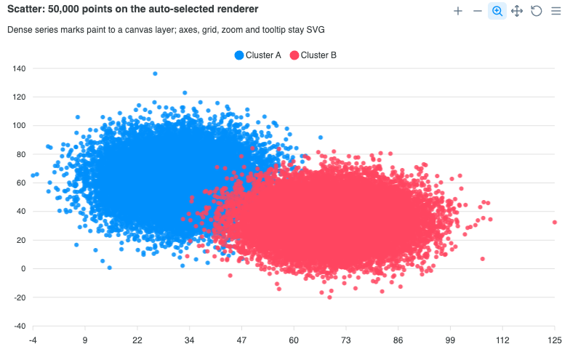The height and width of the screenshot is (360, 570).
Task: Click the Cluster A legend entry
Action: pos(257,55)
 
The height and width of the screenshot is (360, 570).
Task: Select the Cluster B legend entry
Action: pos(313,55)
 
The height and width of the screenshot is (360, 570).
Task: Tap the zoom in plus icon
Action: pos(458,12)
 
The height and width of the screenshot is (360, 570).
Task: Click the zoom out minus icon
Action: pos(478,12)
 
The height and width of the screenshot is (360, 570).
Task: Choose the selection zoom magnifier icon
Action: pos(497,12)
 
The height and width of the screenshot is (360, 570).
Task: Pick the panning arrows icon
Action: pos(517,12)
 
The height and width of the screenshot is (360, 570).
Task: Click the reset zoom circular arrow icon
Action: pos(537,12)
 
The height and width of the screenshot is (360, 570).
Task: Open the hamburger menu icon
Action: pos(555,12)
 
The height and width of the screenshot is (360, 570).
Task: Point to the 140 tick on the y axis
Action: pos(19,68)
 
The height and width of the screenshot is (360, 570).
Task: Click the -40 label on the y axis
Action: pos(20,326)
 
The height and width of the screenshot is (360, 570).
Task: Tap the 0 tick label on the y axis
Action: pos(23,269)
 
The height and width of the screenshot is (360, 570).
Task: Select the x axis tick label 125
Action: pos(555,340)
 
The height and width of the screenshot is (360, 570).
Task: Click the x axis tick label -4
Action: pos(33,340)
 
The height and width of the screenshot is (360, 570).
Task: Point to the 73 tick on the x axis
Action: pos(346,340)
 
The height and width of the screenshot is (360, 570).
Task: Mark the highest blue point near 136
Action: pos(155,74)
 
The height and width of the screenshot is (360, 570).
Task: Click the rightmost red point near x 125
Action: pos(554,223)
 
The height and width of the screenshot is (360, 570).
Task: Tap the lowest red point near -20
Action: pos(330,297)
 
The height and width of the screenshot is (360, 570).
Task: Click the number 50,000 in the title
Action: pos(64,9)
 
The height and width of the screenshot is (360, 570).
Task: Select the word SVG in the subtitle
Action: pos(316,30)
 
